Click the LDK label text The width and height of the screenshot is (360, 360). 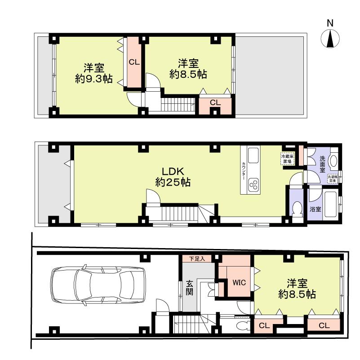tap(173, 171)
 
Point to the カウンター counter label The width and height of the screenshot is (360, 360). tap(243, 171)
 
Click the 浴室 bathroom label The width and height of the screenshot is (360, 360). tap(316, 209)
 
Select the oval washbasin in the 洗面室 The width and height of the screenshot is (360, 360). tap(333, 161)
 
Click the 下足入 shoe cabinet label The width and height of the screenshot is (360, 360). tap(196, 259)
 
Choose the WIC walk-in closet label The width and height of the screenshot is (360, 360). tap(238, 284)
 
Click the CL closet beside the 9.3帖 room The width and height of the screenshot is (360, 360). tap(134, 62)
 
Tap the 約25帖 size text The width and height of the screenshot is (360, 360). tap(173, 182)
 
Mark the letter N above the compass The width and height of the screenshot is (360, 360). tap(330, 23)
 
